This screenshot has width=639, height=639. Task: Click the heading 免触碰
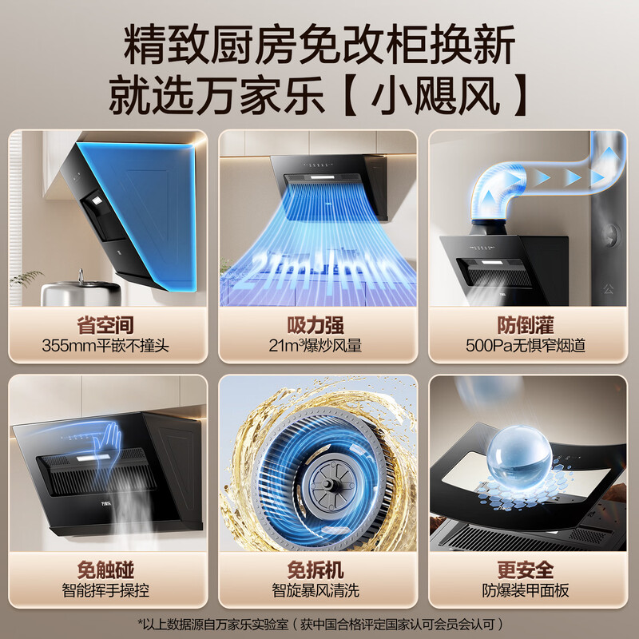pos(105,570)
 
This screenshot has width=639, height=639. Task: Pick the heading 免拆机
pos(318,570)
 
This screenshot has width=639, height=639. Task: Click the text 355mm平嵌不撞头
pos(105,347)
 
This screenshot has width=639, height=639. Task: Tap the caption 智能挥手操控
pos(105,592)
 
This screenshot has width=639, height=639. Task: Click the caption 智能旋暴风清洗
pos(318,592)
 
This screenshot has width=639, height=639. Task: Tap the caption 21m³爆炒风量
pos(318,347)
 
